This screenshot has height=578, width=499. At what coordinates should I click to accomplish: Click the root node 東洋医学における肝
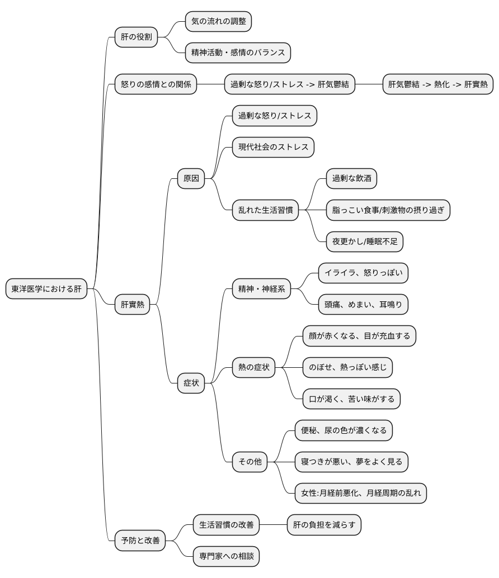pyautogui.click(x=46, y=288)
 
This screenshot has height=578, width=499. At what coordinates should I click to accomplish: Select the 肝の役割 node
pyautogui.click(x=136, y=37)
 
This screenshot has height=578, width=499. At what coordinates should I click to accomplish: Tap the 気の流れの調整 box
pyautogui.click(x=218, y=21)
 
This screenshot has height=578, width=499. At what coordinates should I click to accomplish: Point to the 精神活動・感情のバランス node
pyautogui.click(x=238, y=53)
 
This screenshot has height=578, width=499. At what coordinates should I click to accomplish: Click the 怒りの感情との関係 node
pyautogui.click(x=156, y=84)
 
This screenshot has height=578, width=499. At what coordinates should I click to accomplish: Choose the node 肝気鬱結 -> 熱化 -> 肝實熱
pyautogui.click(x=438, y=84)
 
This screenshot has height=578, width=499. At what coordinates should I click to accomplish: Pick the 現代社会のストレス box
pyautogui.click(x=274, y=147)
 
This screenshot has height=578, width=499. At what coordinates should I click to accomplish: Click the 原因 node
pyautogui.click(x=191, y=178)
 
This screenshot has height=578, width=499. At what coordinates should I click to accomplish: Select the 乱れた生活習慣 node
pyautogui.click(x=266, y=210)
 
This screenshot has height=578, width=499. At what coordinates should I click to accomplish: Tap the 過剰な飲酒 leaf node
pyautogui.click(x=351, y=178)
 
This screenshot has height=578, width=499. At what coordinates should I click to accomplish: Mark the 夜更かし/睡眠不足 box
pyautogui.click(x=365, y=241)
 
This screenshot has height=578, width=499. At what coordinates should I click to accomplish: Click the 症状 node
pyautogui.click(x=191, y=383)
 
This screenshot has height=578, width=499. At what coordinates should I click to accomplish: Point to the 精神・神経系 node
pyautogui.click(x=261, y=288)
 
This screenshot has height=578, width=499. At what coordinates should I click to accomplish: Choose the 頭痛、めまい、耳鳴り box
pyautogui.click(x=363, y=305)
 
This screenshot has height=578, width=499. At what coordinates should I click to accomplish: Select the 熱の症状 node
pyautogui.click(x=254, y=367)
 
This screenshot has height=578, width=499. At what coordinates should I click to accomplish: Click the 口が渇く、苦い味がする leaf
pyautogui.click(x=351, y=399)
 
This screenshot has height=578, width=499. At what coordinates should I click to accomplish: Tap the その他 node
pyautogui.click(x=249, y=462)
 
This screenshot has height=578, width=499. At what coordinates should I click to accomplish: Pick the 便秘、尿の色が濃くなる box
pyautogui.click(x=343, y=430)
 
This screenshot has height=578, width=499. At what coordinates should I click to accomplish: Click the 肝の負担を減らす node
pyautogui.click(x=324, y=524)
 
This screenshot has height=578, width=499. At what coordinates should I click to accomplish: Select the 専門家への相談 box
pyautogui.click(x=227, y=556)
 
